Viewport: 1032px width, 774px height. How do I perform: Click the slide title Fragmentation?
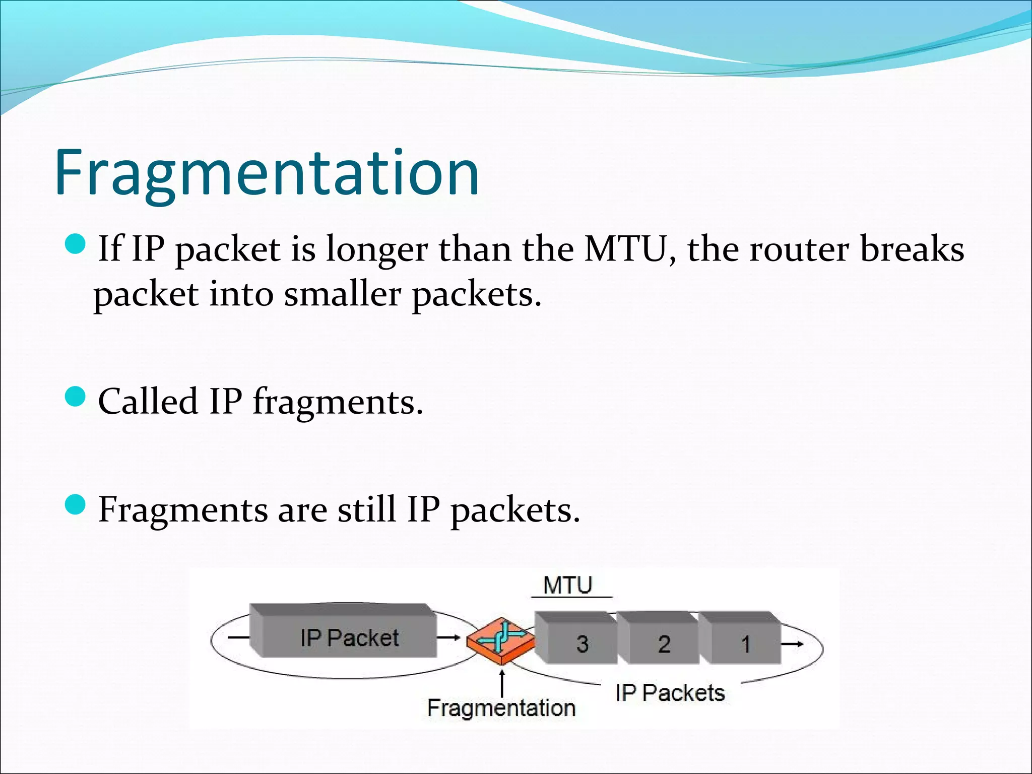[267, 173]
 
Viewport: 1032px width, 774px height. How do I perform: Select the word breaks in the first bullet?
[912, 249]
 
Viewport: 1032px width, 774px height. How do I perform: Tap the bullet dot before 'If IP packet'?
[77, 245]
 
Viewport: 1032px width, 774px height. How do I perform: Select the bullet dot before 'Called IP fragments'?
[77, 398]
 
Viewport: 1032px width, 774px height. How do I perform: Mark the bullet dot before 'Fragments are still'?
[77, 505]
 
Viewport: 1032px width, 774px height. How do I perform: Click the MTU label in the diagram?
[568, 586]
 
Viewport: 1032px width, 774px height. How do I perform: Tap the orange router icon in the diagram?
[501, 640]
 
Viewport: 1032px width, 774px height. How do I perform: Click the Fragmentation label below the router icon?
[501, 708]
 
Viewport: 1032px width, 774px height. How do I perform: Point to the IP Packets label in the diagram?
[670, 693]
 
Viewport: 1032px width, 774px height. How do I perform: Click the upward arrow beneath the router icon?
[502, 681]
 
